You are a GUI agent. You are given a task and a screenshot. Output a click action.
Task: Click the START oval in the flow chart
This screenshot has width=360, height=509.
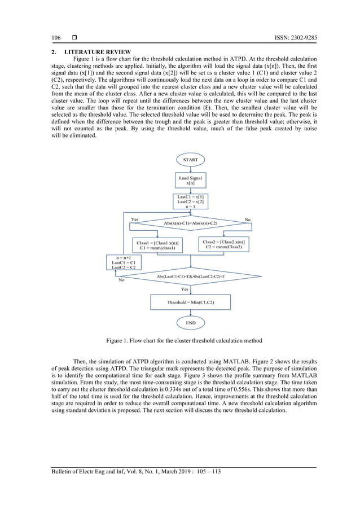(x=191, y=160)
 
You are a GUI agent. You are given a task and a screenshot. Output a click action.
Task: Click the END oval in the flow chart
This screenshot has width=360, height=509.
(x=191, y=322)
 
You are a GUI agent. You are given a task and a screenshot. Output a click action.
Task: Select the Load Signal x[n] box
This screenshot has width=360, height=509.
(x=191, y=180)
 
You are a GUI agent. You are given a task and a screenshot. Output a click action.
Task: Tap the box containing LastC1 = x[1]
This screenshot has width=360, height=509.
(x=191, y=201)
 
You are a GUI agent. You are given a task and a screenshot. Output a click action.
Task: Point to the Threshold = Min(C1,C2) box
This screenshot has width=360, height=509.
(x=191, y=302)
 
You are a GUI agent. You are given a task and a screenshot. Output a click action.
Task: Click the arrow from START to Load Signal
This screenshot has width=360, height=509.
(x=191, y=169)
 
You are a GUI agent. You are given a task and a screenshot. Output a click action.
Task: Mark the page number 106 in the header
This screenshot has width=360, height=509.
(x=56, y=38)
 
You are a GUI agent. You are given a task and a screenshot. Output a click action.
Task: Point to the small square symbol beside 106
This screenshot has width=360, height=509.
(x=74, y=38)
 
